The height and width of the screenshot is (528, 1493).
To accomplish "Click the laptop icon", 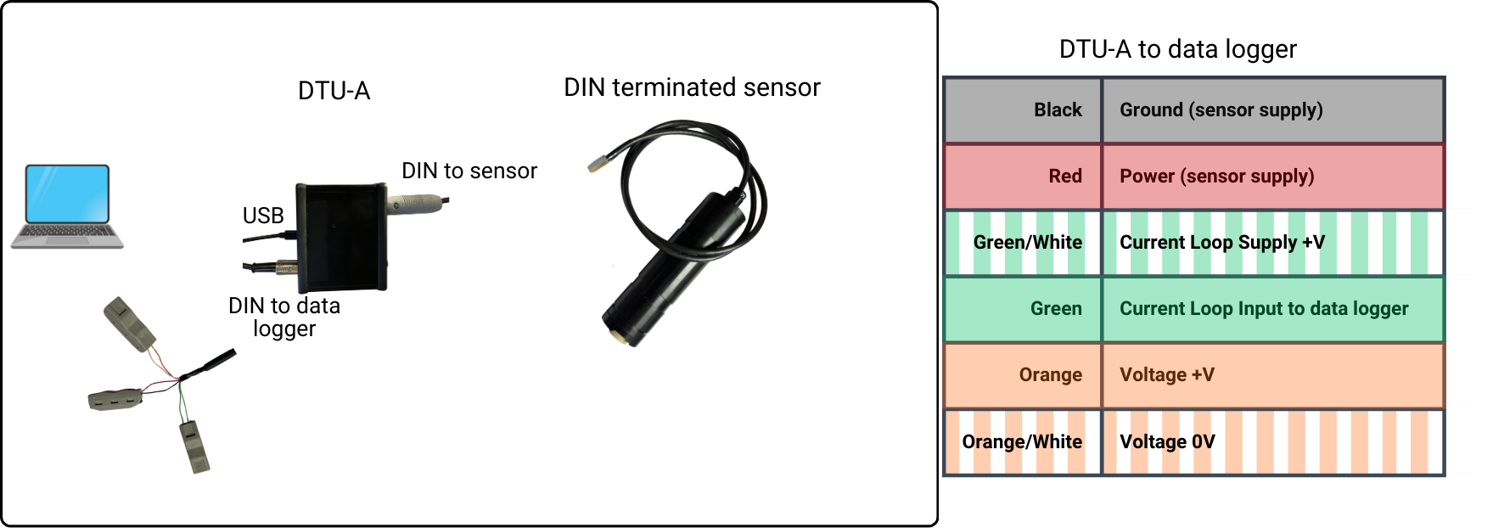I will pyautogui.click(x=67, y=206).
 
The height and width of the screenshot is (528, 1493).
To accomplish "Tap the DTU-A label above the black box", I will pyautogui.click(x=334, y=91).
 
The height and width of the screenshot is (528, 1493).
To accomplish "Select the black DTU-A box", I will pyautogui.click(x=341, y=234).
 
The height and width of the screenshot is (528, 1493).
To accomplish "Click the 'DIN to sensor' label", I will pyautogui.click(x=469, y=171).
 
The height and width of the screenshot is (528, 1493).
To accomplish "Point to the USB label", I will pyautogui.click(x=263, y=216).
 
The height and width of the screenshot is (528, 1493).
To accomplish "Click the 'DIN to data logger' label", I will pyautogui.click(x=284, y=317).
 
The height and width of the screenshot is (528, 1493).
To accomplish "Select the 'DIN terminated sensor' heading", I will pyautogui.click(x=692, y=87).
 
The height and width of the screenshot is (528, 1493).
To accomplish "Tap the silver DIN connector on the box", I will pyautogui.click(x=415, y=204).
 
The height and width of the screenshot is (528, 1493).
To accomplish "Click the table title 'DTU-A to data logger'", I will pyautogui.click(x=1177, y=49).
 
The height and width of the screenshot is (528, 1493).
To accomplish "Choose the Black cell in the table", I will pyautogui.click(x=1024, y=110).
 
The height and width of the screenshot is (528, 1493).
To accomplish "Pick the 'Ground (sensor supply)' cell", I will pyautogui.click(x=1272, y=110).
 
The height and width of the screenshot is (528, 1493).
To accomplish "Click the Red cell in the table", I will pyautogui.click(x=1024, y=177).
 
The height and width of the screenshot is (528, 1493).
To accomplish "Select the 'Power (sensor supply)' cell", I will pyautogui.click(x=1272, y=177).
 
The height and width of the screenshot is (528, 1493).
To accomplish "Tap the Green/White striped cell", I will pyautogui.click(x=1024, y=243).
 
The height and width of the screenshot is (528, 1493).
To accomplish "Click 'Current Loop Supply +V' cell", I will pyautogui.click(x=1272, y=243).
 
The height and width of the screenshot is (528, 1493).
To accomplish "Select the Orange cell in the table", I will pyautogui.click(x=1024, y=375).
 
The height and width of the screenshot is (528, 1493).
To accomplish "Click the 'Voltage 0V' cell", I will pyautogui.click(x=1272, y=442).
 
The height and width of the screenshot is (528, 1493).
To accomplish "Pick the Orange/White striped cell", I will pyautogui.click(x=1024, y=442).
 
